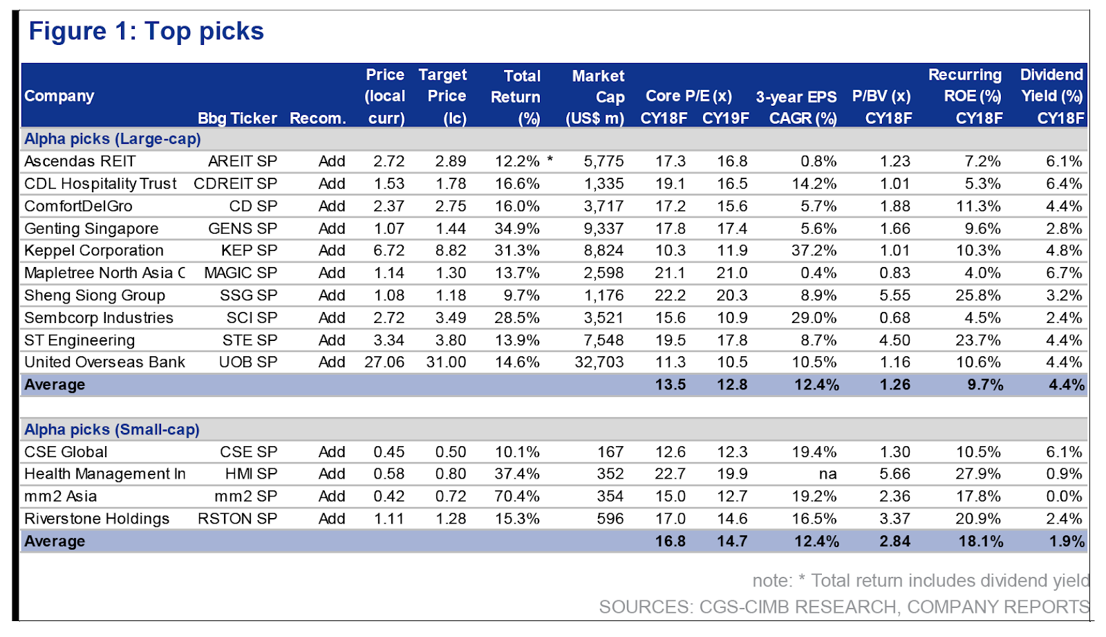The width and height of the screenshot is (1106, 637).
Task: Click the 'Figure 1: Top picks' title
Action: click(146, 32)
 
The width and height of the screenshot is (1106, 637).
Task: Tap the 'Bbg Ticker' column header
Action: click(237, 118)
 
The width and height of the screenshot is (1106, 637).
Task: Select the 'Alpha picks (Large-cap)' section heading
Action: click(113, 139)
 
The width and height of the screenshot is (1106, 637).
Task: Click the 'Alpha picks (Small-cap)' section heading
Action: click(112, 430)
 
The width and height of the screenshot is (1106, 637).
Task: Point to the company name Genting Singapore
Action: click(91, 229)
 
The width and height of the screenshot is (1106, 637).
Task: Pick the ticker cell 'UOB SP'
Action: click(248, 362)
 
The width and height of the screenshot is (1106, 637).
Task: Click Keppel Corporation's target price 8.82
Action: click(450, 250)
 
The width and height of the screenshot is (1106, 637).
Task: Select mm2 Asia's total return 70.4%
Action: click(517, 496)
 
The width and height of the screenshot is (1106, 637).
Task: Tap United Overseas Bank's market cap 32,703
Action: click(599, 362)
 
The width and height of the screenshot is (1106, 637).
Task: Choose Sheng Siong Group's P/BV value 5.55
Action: click(894, 295)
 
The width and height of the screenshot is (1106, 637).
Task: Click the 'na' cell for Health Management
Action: click(827, 474)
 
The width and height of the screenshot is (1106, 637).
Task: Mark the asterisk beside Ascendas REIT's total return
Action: click(550, 160)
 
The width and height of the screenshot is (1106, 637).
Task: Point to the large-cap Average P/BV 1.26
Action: click(894, 385)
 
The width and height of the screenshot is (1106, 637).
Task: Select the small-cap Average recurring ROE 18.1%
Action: click(981, 542)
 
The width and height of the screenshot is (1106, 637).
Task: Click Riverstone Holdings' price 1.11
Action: click(388, 519)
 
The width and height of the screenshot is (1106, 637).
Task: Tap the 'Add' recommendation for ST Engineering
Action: click(332, 340)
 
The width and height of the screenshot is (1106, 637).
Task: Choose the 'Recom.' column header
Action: click(318, 118)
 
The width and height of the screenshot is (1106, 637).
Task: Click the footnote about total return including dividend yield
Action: click(921, 581)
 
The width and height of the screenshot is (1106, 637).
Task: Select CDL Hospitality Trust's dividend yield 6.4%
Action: click(1064, 184)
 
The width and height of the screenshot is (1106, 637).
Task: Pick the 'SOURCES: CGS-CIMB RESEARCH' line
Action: click(844, 607)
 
